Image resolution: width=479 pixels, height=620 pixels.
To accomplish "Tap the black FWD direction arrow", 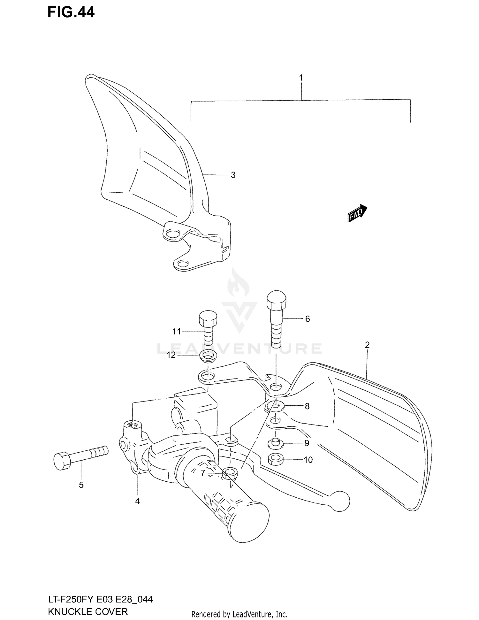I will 357,213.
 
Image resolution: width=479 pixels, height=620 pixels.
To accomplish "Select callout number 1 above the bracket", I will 300,78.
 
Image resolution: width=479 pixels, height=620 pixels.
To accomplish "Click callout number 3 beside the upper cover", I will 233,175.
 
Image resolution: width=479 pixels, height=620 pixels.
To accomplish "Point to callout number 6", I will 307,319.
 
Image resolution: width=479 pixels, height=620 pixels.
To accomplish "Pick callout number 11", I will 177,332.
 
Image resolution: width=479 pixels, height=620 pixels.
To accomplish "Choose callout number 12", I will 171,355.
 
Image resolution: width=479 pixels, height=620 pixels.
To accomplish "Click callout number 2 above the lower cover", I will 367,345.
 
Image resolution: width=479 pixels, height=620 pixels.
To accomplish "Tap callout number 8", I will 307,406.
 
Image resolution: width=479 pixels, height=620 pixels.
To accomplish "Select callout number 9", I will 307,443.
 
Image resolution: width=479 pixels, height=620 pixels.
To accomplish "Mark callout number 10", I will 308,460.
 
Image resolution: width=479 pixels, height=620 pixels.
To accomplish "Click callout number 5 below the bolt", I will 81,485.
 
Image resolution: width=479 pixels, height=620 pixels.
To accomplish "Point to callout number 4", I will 137,501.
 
